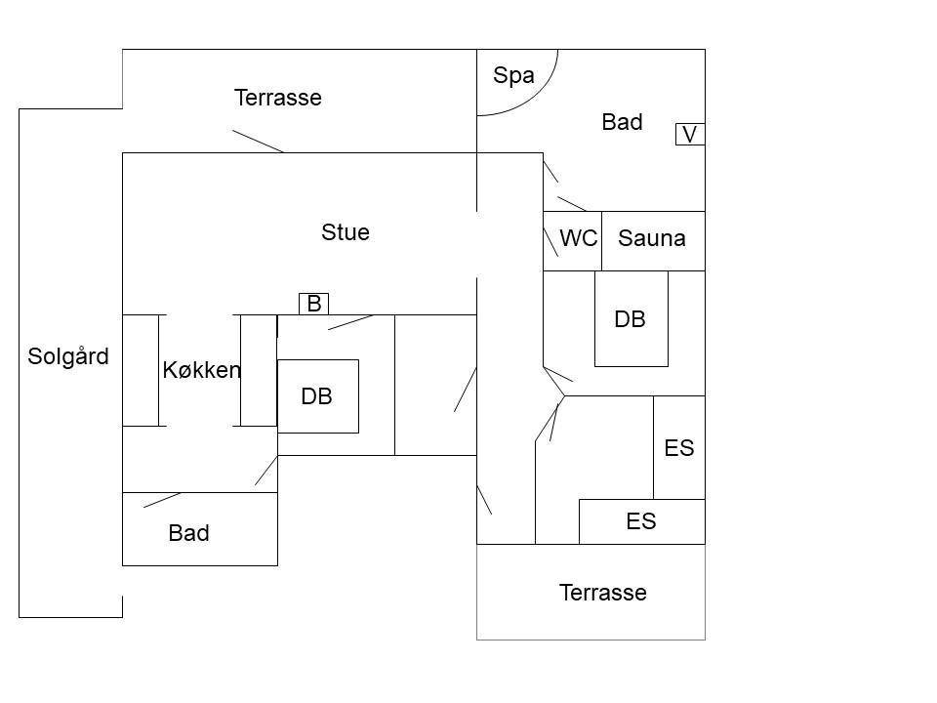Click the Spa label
pyautogui.click(x=513, y=76)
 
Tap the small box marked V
pyautogui.click(x=690, y=134)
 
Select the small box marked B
pyautogui.click(x=313, y=304)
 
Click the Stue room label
pyautogui.click(x=346, y=232)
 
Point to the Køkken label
pyautogui.click(x=202, y=370)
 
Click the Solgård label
pyautogui.click(x=68, y=356)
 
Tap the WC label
pyautogui.click(x=579, y=238)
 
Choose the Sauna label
pyautogui.click(x=651, y=238)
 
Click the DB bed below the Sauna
pyautogui.click(x=631, y=318)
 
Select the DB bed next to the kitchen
pyautogui.click(x=318, y=396)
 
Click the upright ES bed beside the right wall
pyautogui.click(x=679, y=447)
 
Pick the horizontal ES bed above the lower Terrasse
pyautogui.click(x=642, y=521)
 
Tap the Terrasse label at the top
pyautogui.click(x=278, y=98)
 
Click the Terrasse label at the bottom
pyautogui.click(x=603, y=593)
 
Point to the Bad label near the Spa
pyautogui.click(x=622, y=122)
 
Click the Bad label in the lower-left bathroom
pyautogui.click(x=188, y=533)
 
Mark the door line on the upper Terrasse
pyautogui.click(x=258, y=142)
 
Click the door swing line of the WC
pyautogui.click(x=550, y=241)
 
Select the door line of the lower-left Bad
pyautogui.click(x=162, y=500)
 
